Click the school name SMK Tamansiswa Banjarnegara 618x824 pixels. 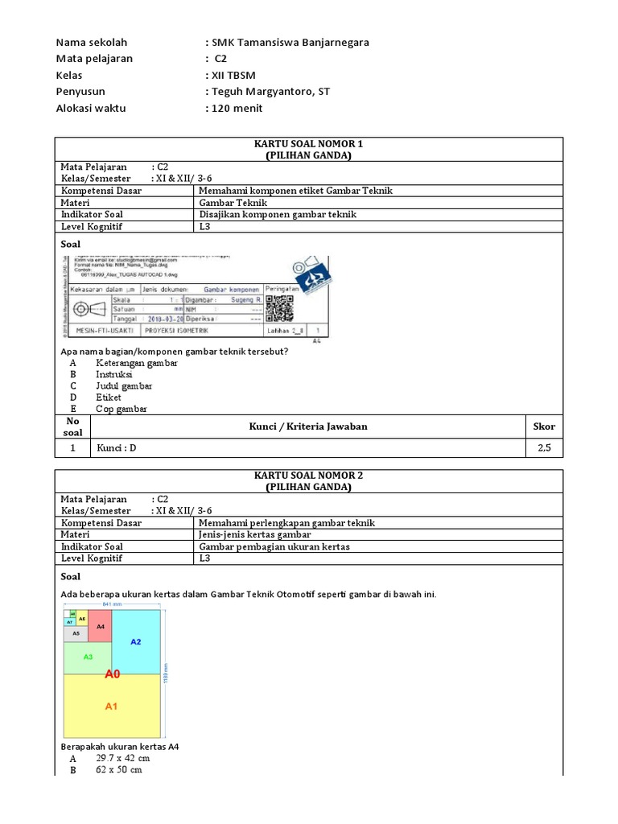click(290, 43)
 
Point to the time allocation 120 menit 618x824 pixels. click(237, 108)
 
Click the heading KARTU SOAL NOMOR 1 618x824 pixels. click(309, 143)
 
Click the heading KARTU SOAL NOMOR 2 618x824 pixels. click(309, 476)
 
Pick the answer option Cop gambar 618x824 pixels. click(121, 409)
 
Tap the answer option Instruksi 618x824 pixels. click(115, 374)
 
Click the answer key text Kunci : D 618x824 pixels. click(116, 448)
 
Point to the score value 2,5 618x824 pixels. click(544, 448)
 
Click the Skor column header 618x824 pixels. click(544, 426)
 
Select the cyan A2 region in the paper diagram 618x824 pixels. click(136, 641)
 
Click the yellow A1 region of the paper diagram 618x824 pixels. click(112, 706)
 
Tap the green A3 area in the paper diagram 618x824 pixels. click(89, 657)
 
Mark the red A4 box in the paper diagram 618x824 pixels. click(100, 626)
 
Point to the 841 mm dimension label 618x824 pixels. click(112, 604)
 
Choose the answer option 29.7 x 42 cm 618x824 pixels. click(122, 758)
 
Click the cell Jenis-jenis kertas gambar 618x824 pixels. click(254, 534)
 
